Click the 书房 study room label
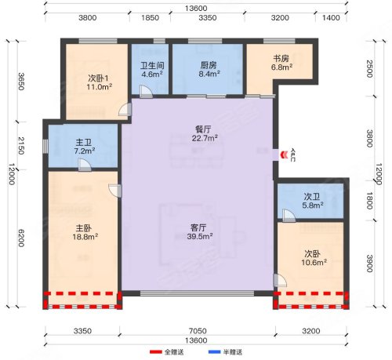[281, 58]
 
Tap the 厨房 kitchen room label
[209, 65]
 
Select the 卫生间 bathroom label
[152, 65]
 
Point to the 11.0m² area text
[100, 87]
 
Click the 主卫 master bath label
[84, 143]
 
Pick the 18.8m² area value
[85, 237]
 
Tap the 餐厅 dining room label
[203, 129]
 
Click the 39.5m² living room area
[199, 236]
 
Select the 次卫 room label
[312, 196]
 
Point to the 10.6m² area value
[314, 262]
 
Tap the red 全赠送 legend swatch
[156, 352]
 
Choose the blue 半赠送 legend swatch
[214, 352]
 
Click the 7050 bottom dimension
[198, 331]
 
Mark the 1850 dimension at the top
[150, 18]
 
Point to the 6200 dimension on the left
[21, 238]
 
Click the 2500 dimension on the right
[369, 69]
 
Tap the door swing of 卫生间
[146, 92]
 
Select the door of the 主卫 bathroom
[85, 165]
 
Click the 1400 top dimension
[331, 18]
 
